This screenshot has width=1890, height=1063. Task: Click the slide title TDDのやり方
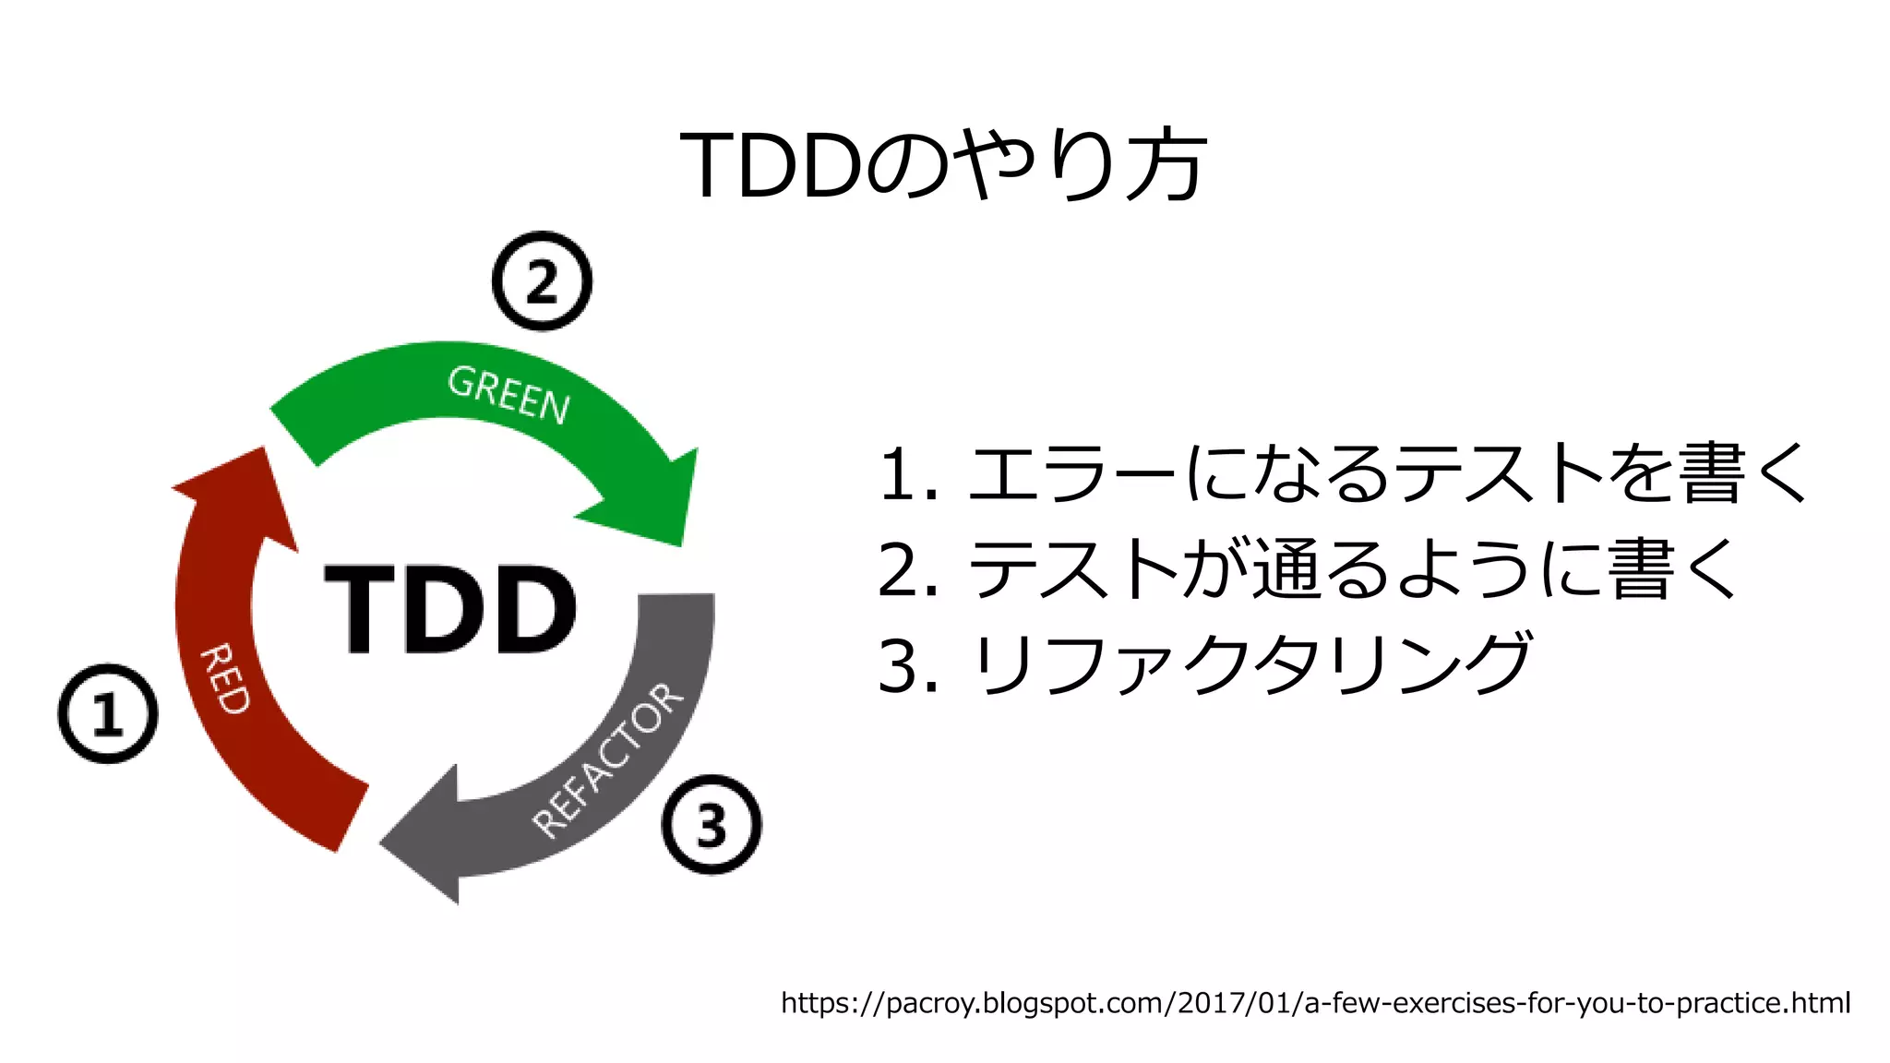click(x=943, y=164)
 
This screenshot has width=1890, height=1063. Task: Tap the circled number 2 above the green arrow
click(x=542, y=281)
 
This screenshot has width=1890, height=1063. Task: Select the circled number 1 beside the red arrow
click(x=108, y=713)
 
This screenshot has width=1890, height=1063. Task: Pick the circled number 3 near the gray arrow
click(x=712, y=824)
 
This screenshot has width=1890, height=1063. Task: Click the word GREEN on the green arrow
click(x=508, y=394)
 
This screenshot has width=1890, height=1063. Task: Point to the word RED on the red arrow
click(x=224, y=679)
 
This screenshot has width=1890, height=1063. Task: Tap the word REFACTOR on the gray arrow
click(x=608, y=761)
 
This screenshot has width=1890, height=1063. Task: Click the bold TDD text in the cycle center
click(x=450, y=608)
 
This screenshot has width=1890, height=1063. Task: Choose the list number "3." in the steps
click(x=908, y=665)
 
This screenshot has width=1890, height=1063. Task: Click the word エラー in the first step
click(x=1071, y=474)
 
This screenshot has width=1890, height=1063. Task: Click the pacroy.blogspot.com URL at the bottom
click(x=1315, y=1002)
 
